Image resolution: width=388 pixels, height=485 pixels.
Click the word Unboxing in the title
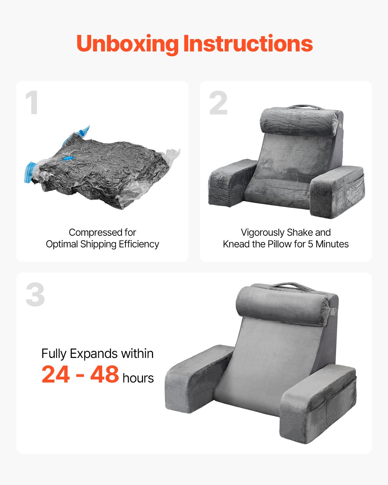point(127,44)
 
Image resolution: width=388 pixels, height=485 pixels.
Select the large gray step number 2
point(219,103)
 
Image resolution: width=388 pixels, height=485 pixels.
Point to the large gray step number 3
point(35,295)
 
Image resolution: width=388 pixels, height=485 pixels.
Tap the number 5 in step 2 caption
point(310,244)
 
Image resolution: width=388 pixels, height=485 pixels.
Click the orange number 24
point(56,374)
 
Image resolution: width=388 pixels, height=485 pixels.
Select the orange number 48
point(104,374)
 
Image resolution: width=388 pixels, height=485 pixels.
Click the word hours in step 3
point(138,378)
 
